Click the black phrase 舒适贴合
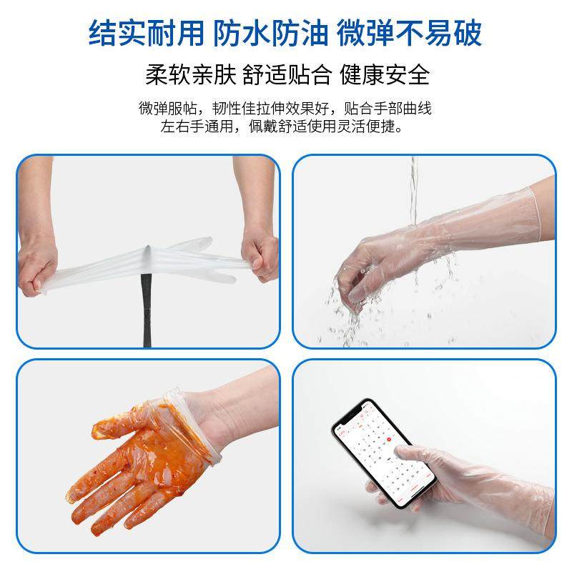click(287, 74)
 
